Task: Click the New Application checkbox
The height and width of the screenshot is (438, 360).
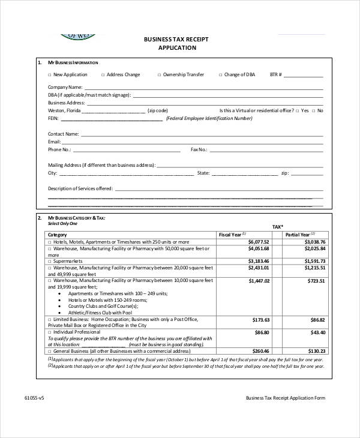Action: click(49, 75)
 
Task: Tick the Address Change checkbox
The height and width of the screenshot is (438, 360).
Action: click(103, 75)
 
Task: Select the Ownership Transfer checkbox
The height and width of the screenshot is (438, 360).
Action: click(159, 75)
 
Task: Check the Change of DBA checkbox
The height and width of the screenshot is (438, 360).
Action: click(220, 75)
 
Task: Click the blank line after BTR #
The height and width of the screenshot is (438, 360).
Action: click(303, 76)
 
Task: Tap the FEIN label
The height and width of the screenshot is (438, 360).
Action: click(54, 119)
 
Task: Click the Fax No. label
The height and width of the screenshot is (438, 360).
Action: click(199, 149)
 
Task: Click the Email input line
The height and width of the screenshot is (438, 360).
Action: click(193, 142)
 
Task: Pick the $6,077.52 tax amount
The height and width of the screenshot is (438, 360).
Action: click(258, 241)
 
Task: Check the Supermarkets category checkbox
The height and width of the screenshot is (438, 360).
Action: click(50, 261)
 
